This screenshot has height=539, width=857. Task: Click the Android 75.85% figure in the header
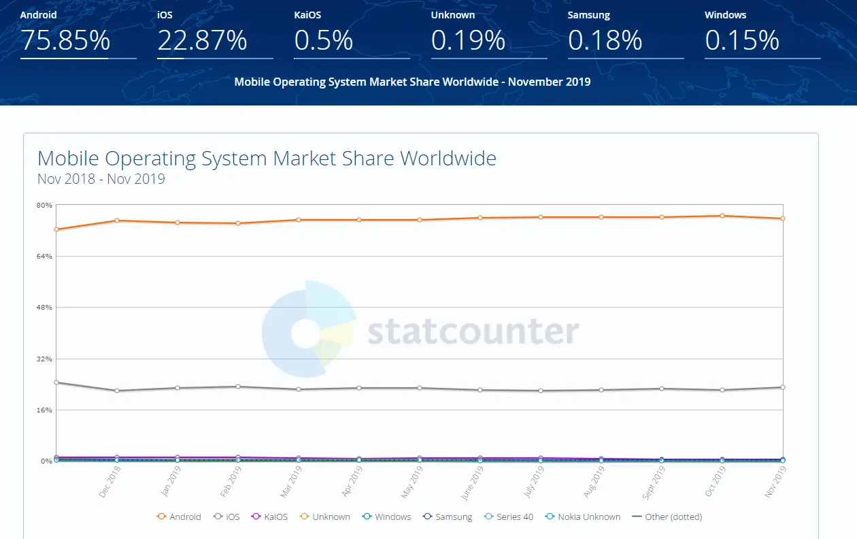[x=65, y=41]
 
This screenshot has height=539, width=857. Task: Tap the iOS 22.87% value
[x=202, y=41]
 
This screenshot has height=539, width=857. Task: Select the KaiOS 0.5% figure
[x=324, y=41]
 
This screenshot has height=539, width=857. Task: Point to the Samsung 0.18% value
[x=605, y=41]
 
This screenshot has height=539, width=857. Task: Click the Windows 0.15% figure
[x=742, y=41]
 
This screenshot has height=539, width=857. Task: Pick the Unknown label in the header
[x=453, y=15]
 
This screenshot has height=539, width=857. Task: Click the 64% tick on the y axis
[x=45, y=256]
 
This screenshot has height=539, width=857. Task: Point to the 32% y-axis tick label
[x=45, y=359]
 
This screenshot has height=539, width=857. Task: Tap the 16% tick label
[x=45, y=410]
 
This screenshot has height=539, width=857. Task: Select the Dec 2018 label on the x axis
[x=110, y=481]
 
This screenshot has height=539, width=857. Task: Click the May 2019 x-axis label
[x=412, y=481]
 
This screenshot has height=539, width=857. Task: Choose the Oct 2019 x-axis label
[x=714, y=481]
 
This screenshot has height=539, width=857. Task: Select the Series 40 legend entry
[x=508, y=517]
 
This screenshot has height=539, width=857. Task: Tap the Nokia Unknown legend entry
[x=583, y=517]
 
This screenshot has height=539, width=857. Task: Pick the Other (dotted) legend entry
[x=667, y=517]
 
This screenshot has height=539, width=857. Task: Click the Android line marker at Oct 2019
[x=722, y=216]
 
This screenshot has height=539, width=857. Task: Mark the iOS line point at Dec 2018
[x=117, y=391]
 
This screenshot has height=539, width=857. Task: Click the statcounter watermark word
[x=473, y=331]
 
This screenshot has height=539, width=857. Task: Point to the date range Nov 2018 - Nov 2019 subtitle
[x=101, y=180]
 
